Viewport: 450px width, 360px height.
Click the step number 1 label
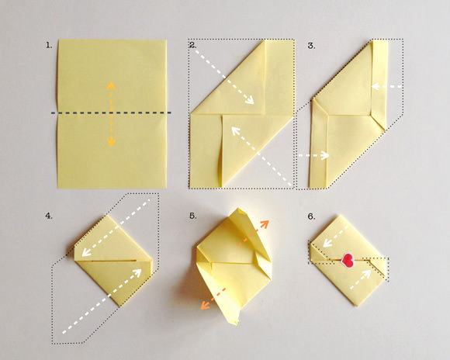coord(49,45)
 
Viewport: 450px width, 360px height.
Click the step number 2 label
coord(192,45)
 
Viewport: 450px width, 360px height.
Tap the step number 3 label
coord(311,46)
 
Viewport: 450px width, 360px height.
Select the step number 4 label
coord(49,216)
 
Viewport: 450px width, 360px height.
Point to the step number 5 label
coord(193,216)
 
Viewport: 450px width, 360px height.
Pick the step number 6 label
coord(312,216)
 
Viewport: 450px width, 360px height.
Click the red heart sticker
coord(348,260)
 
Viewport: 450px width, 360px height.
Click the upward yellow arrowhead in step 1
coord(111,85)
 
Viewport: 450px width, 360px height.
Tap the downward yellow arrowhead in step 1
coord(111,142)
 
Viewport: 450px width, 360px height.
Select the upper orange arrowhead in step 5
coord(265,223)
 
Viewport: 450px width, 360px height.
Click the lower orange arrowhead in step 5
coord(204,305)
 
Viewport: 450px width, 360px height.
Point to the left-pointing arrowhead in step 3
coord(375,86)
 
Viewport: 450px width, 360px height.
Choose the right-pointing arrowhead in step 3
coord(325,155)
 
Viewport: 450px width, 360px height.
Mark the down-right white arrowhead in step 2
coord(250,99)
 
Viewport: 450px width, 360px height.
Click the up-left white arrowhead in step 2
coord(236,131)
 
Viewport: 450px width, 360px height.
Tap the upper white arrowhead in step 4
coord(86,252)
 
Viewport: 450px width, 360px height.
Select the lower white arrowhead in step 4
coord(137,272)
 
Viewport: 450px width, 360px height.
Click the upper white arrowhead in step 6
coord(327,243)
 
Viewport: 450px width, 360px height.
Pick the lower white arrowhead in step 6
coord(366,274)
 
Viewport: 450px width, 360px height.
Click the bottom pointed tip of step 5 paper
coord(236,324)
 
